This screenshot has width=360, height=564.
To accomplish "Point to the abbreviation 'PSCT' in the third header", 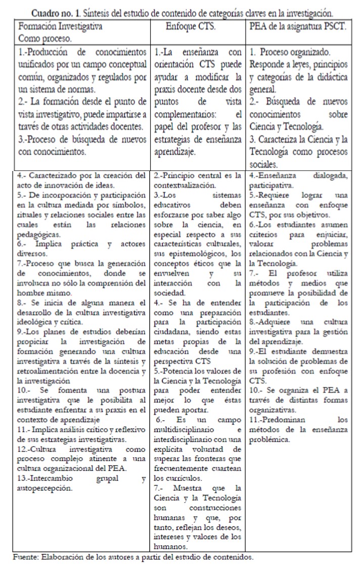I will (x=333, y=26).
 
